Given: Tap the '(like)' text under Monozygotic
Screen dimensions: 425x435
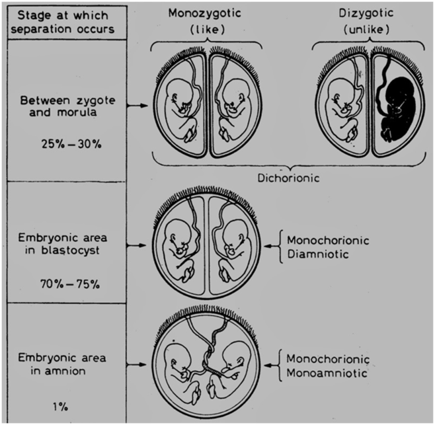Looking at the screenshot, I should pyautogui.click(x=207, y=30).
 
